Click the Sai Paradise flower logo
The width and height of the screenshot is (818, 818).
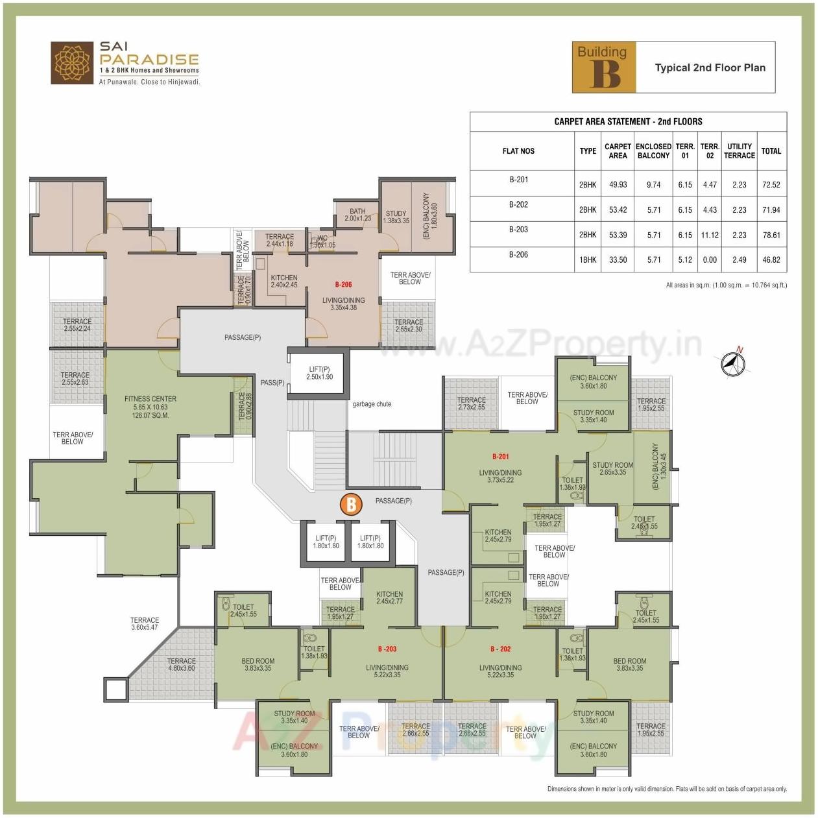pyautogui.click(x=72, y=63)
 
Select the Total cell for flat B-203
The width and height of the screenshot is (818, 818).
pyautogui.click(x=771, y=235)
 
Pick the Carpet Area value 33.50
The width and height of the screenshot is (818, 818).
pyautogui.click(x=618, y=259)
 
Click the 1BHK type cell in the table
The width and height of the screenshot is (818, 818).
pyautogui.click(x=588, y=259)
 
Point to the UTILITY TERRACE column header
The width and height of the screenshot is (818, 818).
pyautogui.click(x=739, y=151)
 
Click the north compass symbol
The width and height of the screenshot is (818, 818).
pyautogui.click(x=733, y=363)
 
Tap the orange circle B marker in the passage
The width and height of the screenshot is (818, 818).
pyautogui.click(x=351, y=504)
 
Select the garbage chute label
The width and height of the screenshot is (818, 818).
pyautogui.click(x=372, y=404)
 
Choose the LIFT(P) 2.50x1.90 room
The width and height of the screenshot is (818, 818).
pyautogui.click(x=319, y=373)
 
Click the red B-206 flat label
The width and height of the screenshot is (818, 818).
pyautogui.click(x=343, y=284)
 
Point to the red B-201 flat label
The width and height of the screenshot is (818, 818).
pyautogui.click(x=500, y=457)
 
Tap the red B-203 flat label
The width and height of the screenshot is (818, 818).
pyautogui.click(x=387, y=649)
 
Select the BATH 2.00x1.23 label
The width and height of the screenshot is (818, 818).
pyautogui.click(x=357, y=215)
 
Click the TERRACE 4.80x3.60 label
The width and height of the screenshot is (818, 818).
pyautogui.click(x=181, y=664)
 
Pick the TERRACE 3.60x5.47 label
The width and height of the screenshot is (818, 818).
pyautogui.click(x=145, y=623)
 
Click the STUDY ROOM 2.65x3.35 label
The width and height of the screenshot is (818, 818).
pyautogui.click(x=612, y=468)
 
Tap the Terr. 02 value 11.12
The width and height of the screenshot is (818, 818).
pyautogui.click(x=710, y=235)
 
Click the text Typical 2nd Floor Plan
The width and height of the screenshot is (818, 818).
pyautogui.click(x=710, y=67)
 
